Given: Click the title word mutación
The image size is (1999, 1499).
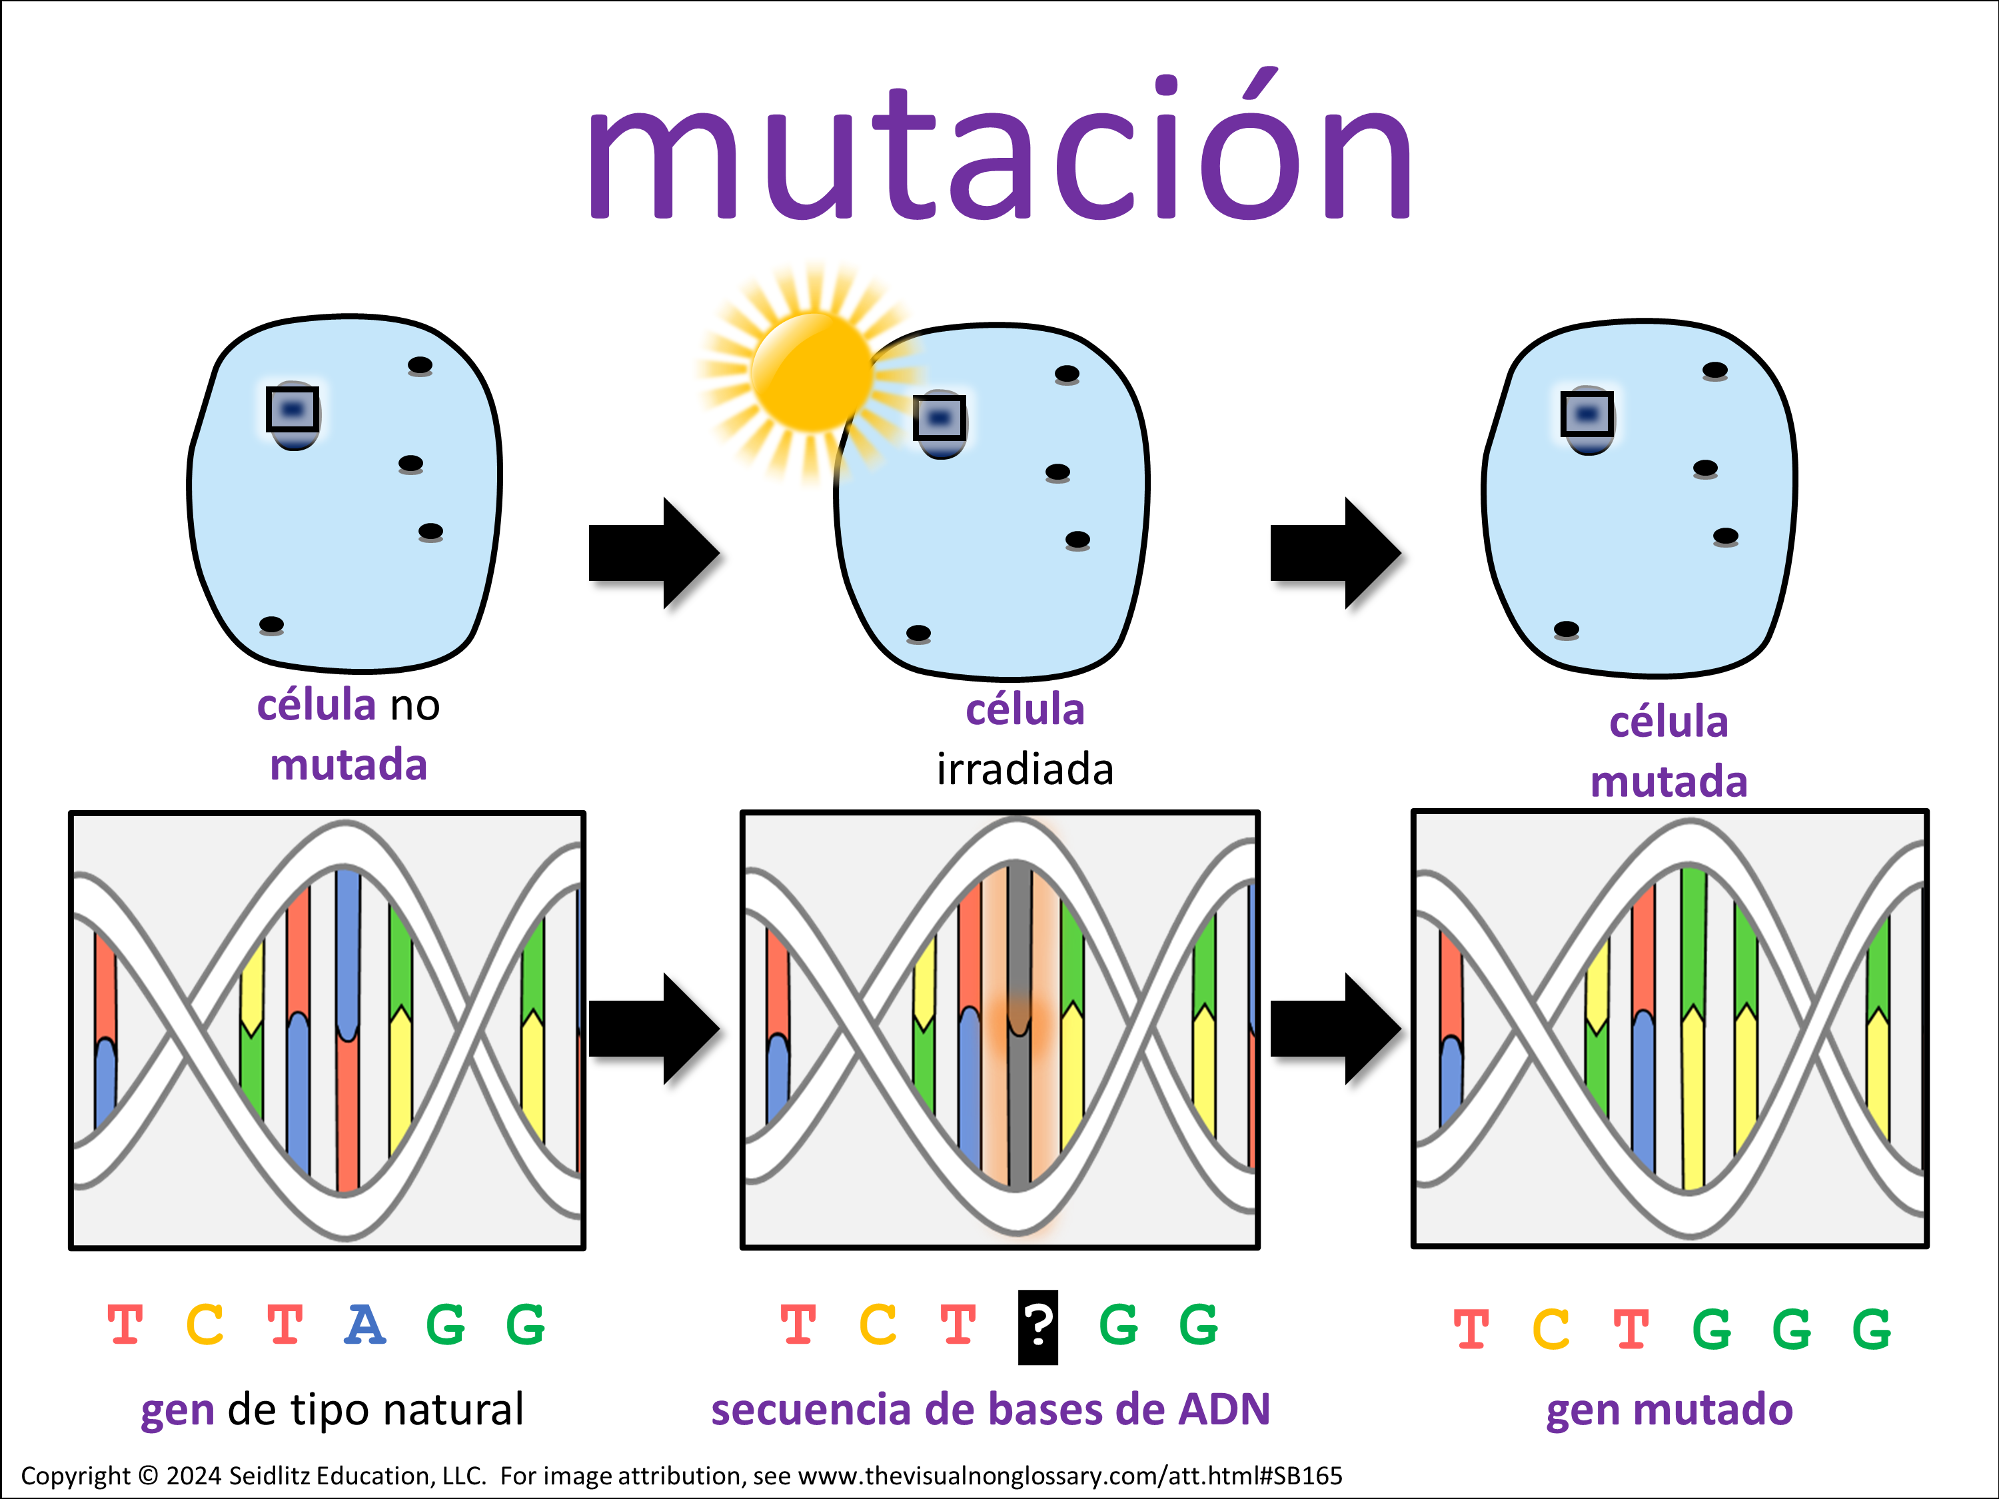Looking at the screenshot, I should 999,149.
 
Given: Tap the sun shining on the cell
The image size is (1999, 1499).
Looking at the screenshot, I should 811,370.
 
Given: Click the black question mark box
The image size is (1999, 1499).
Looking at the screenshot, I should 1037,1326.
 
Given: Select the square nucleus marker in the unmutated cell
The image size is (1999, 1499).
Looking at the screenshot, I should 292,409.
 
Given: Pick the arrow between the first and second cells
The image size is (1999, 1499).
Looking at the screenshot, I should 652,553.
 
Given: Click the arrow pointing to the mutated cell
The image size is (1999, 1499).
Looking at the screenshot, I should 1335,553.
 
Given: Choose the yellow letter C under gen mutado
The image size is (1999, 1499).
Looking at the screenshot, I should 1551,1329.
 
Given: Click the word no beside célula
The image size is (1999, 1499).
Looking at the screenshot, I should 415,706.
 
